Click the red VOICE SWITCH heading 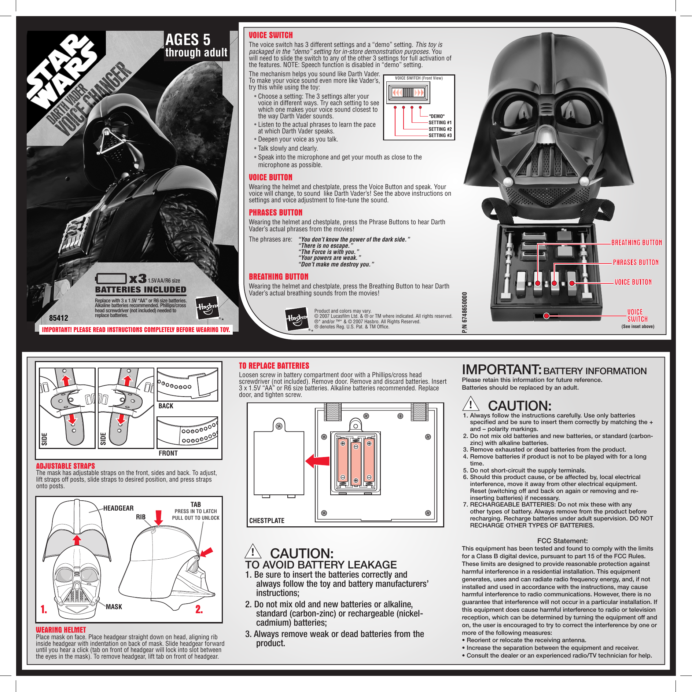tap(270, 35)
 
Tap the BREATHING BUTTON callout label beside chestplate tap(636, 243)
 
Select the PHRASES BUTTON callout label tap(636, 262)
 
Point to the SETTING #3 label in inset tap(440, 136)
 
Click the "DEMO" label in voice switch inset tap(437, 116)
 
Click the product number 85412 tap(59, 318)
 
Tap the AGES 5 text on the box tap(188, 40)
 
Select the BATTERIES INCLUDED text tap(141, 290)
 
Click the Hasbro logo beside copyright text tap(296, 319)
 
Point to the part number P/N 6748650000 tap(465, 312)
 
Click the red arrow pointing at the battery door tap(317, 461)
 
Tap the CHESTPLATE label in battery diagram tap(266, 520)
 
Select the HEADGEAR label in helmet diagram tap(118, 508)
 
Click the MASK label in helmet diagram tap(114, 607)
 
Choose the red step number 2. tap(199, 609)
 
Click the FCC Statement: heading tap(562, 541)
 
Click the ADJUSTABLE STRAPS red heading tap(65, 466)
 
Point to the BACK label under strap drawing tap(166, 406)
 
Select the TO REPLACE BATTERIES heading tap(274, 366)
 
